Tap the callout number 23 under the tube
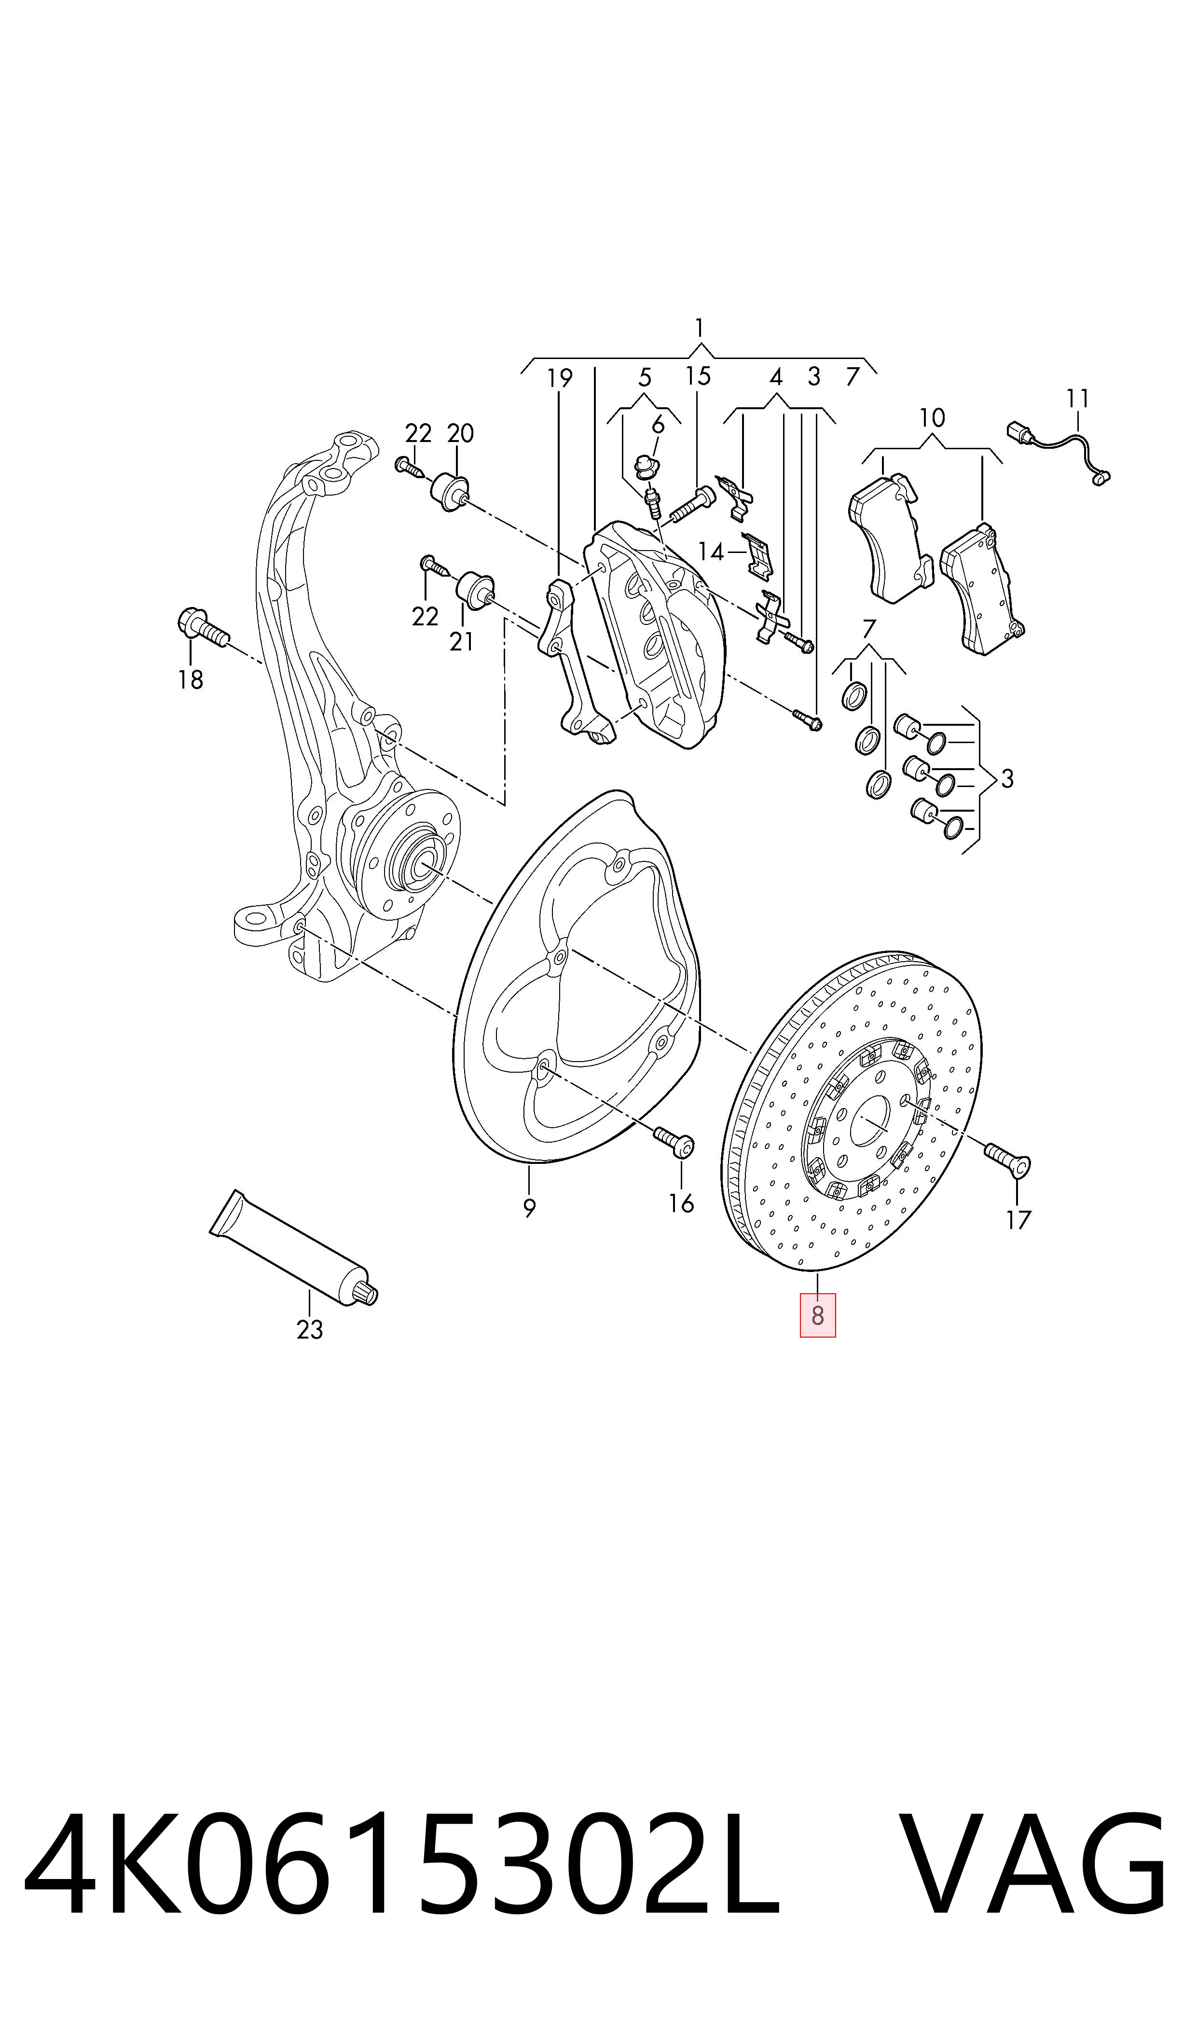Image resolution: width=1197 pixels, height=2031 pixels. tap(310, 1329)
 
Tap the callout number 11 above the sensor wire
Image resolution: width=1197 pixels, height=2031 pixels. tap(1078, 399)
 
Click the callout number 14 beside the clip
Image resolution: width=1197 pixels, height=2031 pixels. tap(711, 552)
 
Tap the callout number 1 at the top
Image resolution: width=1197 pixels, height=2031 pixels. tap(699, 328)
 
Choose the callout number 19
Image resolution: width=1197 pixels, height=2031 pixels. tap(560, 377)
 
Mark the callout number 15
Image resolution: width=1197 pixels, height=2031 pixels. tap(699, 376)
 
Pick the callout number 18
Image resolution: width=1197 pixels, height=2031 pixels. tap(191, 680)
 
